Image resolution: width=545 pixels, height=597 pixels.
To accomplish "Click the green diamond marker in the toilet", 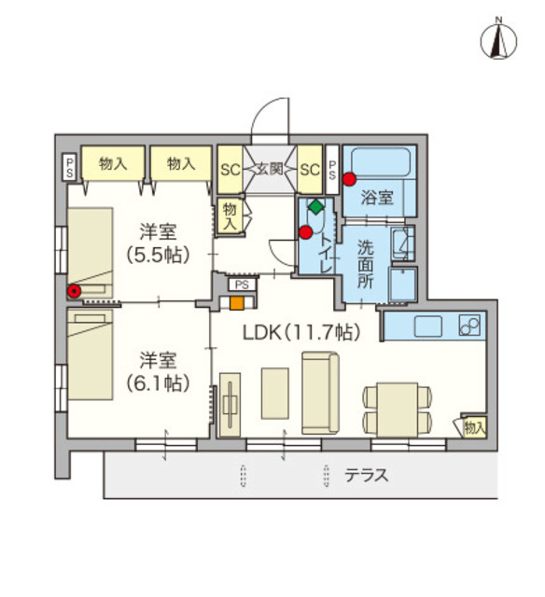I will tap(316, 207).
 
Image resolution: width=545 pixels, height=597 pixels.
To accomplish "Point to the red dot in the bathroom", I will tap(349, 177).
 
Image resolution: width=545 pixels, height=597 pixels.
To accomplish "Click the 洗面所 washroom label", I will tap(366, 264).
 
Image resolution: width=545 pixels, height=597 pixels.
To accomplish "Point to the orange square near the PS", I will tap(237, 302).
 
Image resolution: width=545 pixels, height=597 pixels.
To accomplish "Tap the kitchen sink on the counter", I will tap(428, 326).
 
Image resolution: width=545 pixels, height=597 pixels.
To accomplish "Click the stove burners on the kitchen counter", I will tap(469, 326).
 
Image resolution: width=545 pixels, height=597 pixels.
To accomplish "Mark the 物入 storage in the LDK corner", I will tap(474, 427).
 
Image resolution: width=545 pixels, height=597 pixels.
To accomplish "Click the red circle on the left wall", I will tap(73, 291).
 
